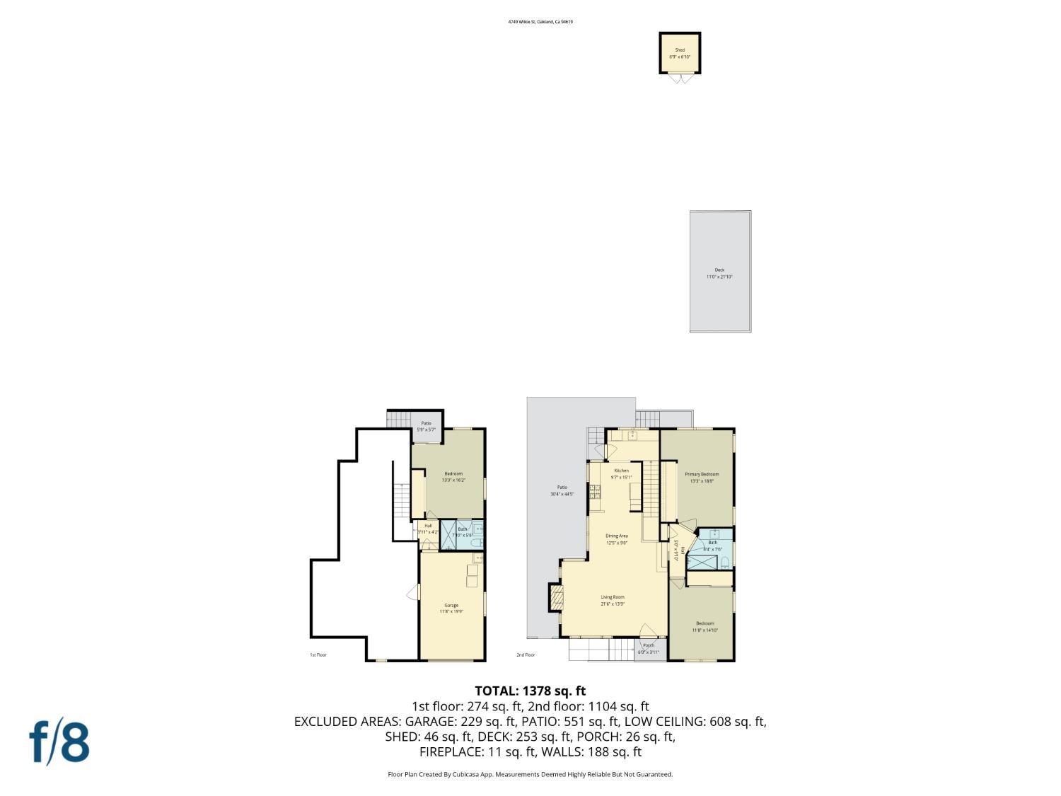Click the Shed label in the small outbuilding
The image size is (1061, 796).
(x=679, y=50)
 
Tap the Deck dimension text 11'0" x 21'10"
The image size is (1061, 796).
(x=719, y=277)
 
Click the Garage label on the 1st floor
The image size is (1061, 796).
(x=451, y=605)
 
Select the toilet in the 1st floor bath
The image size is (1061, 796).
(x=477, y=542)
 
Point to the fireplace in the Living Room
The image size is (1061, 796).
(x=555, y=598)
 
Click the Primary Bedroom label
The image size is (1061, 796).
(x=702, y=474)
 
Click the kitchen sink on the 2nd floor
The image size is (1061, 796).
(x=632, y=435)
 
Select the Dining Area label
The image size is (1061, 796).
(x=617, y=536)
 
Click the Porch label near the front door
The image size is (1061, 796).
(x=648, y=645)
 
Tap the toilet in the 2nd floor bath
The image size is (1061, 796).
(x=725, y=563)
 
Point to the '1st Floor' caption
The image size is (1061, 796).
(x=318, y=655)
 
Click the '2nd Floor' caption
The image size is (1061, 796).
(x=526, y=655)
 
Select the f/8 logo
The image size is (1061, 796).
(x=59, y=742)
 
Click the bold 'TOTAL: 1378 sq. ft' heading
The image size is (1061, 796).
(x=530, y=691)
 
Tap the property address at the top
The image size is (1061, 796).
(x=540, y=22)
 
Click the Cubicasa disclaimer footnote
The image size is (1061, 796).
(x=530, y=774)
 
